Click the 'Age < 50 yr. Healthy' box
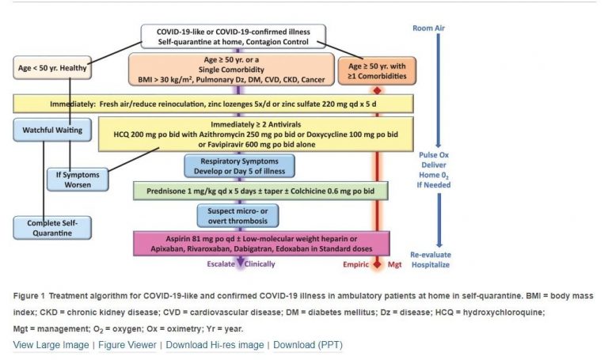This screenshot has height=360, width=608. [52, 69]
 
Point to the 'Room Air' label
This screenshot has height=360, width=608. [431, 28]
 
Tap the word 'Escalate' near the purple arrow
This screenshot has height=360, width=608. [223, 264]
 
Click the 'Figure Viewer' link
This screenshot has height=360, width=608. [127, 345]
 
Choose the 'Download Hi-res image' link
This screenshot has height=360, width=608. [215, 345]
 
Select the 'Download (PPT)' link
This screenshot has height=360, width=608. [308, 345]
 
